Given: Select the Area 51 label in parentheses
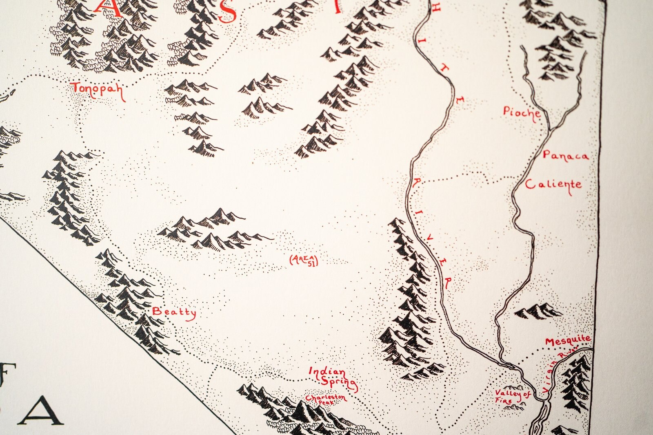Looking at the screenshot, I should click(x=303, y=260).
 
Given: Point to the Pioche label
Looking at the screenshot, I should click(x=522, y=112).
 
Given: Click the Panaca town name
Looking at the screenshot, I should click(x=566, y=155).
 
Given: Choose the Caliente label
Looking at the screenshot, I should click(x=553, y=185).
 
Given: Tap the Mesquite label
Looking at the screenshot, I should click(x=568, y=340).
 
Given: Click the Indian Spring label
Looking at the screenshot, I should click(x=332, y=377).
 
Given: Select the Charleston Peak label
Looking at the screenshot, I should click(x=325, y=399).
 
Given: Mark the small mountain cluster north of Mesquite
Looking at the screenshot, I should click(x=538, y=311).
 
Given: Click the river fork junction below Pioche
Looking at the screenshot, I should click(x=549, y=130).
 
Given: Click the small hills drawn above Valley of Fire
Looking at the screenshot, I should click(x=511, y=386).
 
